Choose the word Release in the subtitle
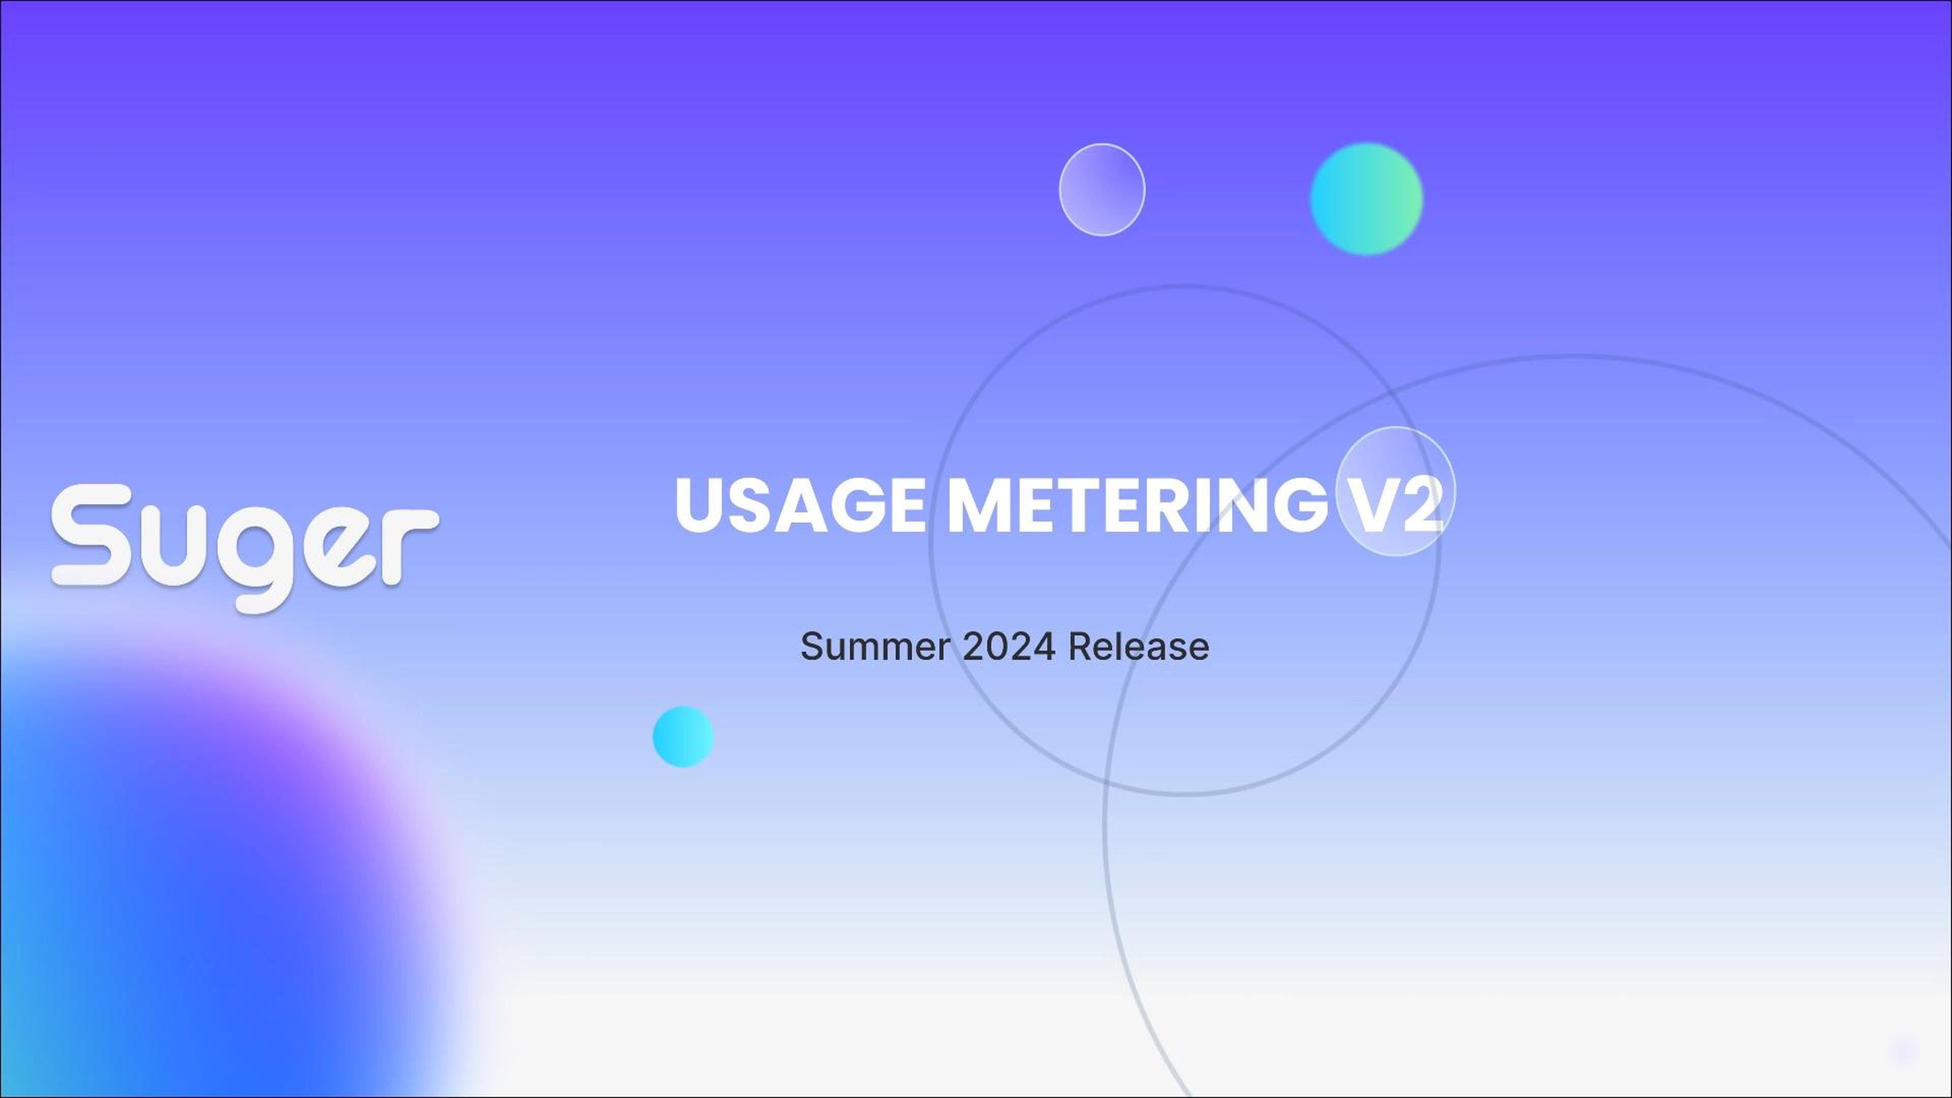pos(1138,647)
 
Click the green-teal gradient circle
pos(1366,199)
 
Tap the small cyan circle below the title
pos(683,737)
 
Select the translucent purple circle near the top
pos(1102,190)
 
